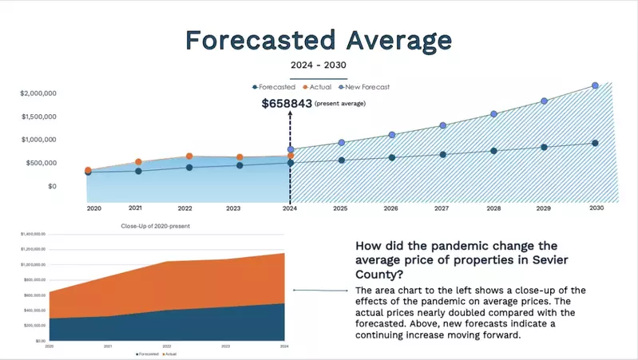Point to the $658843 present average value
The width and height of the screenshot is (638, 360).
coord(286,103)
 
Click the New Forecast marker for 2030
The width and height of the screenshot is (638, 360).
coord(595,85)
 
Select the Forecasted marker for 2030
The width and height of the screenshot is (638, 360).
coord(595,143)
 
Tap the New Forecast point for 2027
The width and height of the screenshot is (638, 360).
coord(442,125)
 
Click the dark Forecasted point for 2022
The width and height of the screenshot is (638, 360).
coord(189,168)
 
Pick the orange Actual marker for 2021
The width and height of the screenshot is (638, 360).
coord(138,162)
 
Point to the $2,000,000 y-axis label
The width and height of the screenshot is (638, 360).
coord(38,93)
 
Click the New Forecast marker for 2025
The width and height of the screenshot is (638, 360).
coord(341,143)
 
